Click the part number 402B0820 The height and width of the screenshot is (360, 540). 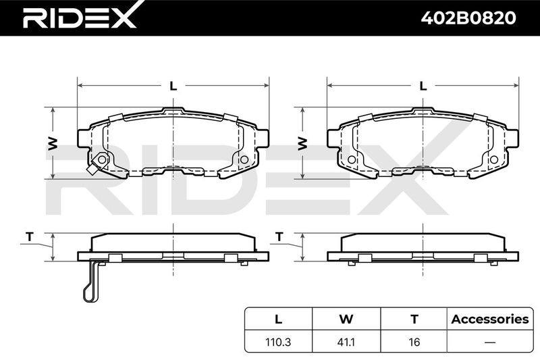468,18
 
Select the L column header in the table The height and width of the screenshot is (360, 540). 278,319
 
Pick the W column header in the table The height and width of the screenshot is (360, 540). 346,319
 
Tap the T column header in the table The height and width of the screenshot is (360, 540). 414,319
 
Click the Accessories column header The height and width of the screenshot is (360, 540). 490,319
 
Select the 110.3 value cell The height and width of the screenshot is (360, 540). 278,342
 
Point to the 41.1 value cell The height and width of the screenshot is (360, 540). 346,342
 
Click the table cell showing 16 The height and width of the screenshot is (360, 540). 414,342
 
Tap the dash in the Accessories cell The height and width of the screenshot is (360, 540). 490,342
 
